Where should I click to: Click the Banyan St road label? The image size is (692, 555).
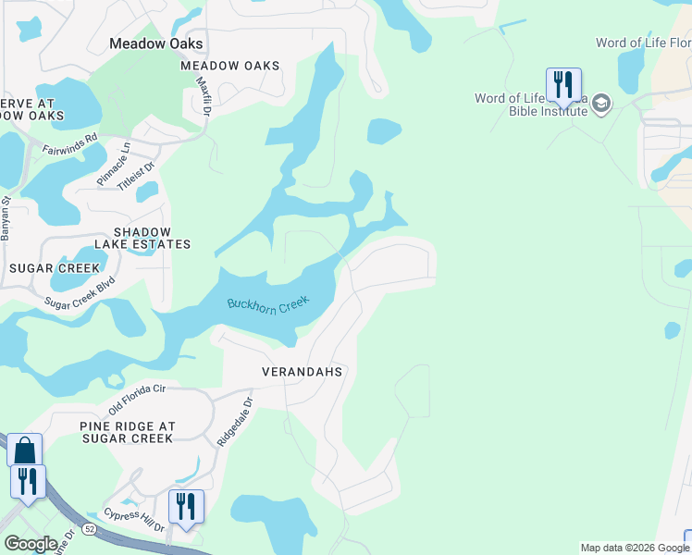pos(5,218)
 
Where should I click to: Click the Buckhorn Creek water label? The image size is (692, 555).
pos(267,303)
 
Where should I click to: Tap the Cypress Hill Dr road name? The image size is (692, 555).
pos(134,520)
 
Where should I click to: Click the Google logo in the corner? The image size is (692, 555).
pos(31,544)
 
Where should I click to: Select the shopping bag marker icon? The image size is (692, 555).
pos(24,450)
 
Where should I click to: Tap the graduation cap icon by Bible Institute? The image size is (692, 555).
pos(601,103)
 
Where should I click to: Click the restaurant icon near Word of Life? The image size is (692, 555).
pos(562,85)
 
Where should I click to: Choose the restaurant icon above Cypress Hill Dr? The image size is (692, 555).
pos(186,507)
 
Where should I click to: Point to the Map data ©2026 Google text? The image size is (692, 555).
pos(634,548)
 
